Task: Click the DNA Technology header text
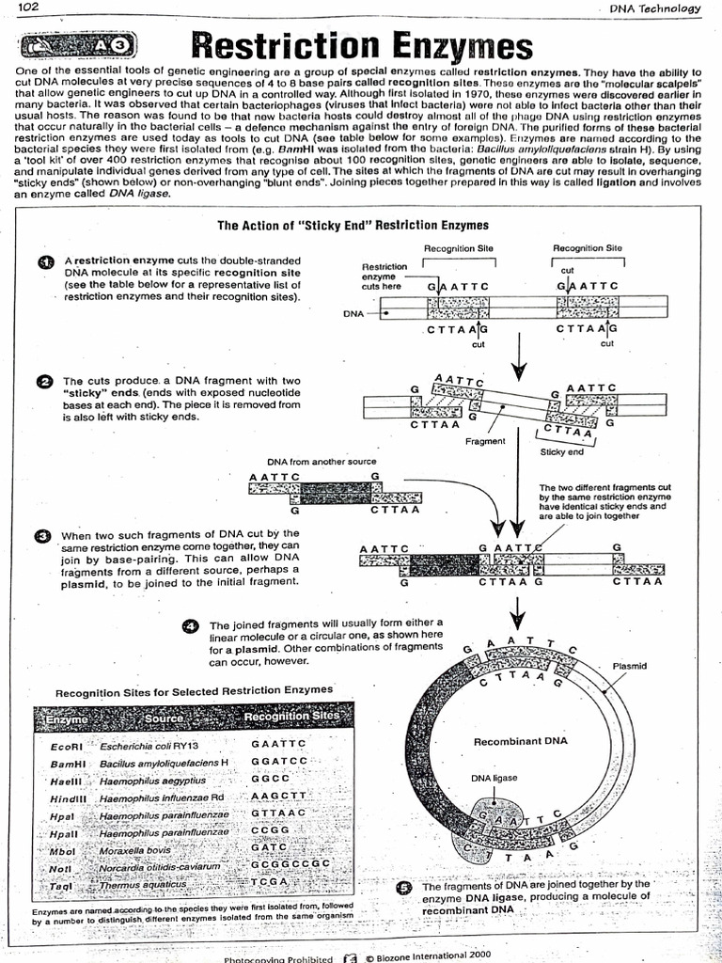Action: click(x=655, y=8)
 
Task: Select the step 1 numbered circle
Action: click(x=44, y=262)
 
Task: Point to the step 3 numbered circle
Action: click(x=42, y=536)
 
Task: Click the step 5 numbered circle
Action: click(x=404, y=887)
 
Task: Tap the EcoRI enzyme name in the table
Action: click(x=66, y=746)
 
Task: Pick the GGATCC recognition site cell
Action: click(x=279, y=761)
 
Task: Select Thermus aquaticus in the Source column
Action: click(x=143, y=884)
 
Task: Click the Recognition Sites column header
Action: click(x=290, y=717)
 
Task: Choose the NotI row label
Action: click(x=61, y=868)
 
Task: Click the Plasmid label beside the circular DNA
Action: click(x=629, y=666)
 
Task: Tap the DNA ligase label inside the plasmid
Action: click(x=494, y=778)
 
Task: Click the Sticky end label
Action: click(x=561, y=451)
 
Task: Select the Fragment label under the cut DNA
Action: click(x=485, y=440)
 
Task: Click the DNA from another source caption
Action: click(x=322, y=462)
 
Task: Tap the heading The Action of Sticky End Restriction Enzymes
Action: click(x=353, y=225)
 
